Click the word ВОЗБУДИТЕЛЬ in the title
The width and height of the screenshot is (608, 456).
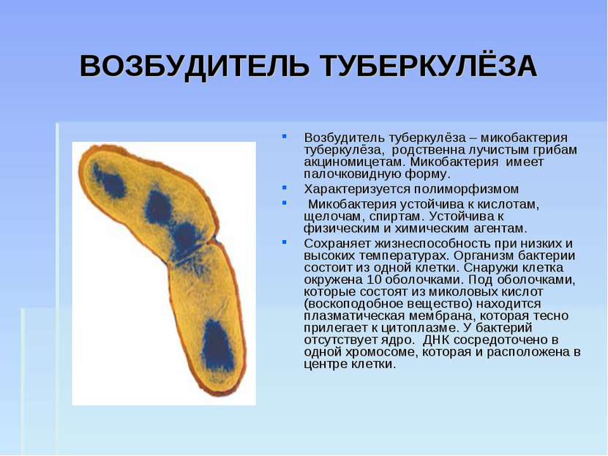point(195,67)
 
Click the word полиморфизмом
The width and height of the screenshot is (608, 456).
point(466,190)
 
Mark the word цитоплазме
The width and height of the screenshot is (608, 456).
point(416,328)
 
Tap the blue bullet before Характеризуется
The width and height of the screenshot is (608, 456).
point(285,187)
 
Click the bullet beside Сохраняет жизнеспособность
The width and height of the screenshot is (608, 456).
point(285,242)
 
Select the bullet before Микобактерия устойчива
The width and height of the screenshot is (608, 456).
point(285,203)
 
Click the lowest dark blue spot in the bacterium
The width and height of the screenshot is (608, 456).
point(217,345)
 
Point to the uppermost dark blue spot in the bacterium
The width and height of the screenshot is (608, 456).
point(110,182)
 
